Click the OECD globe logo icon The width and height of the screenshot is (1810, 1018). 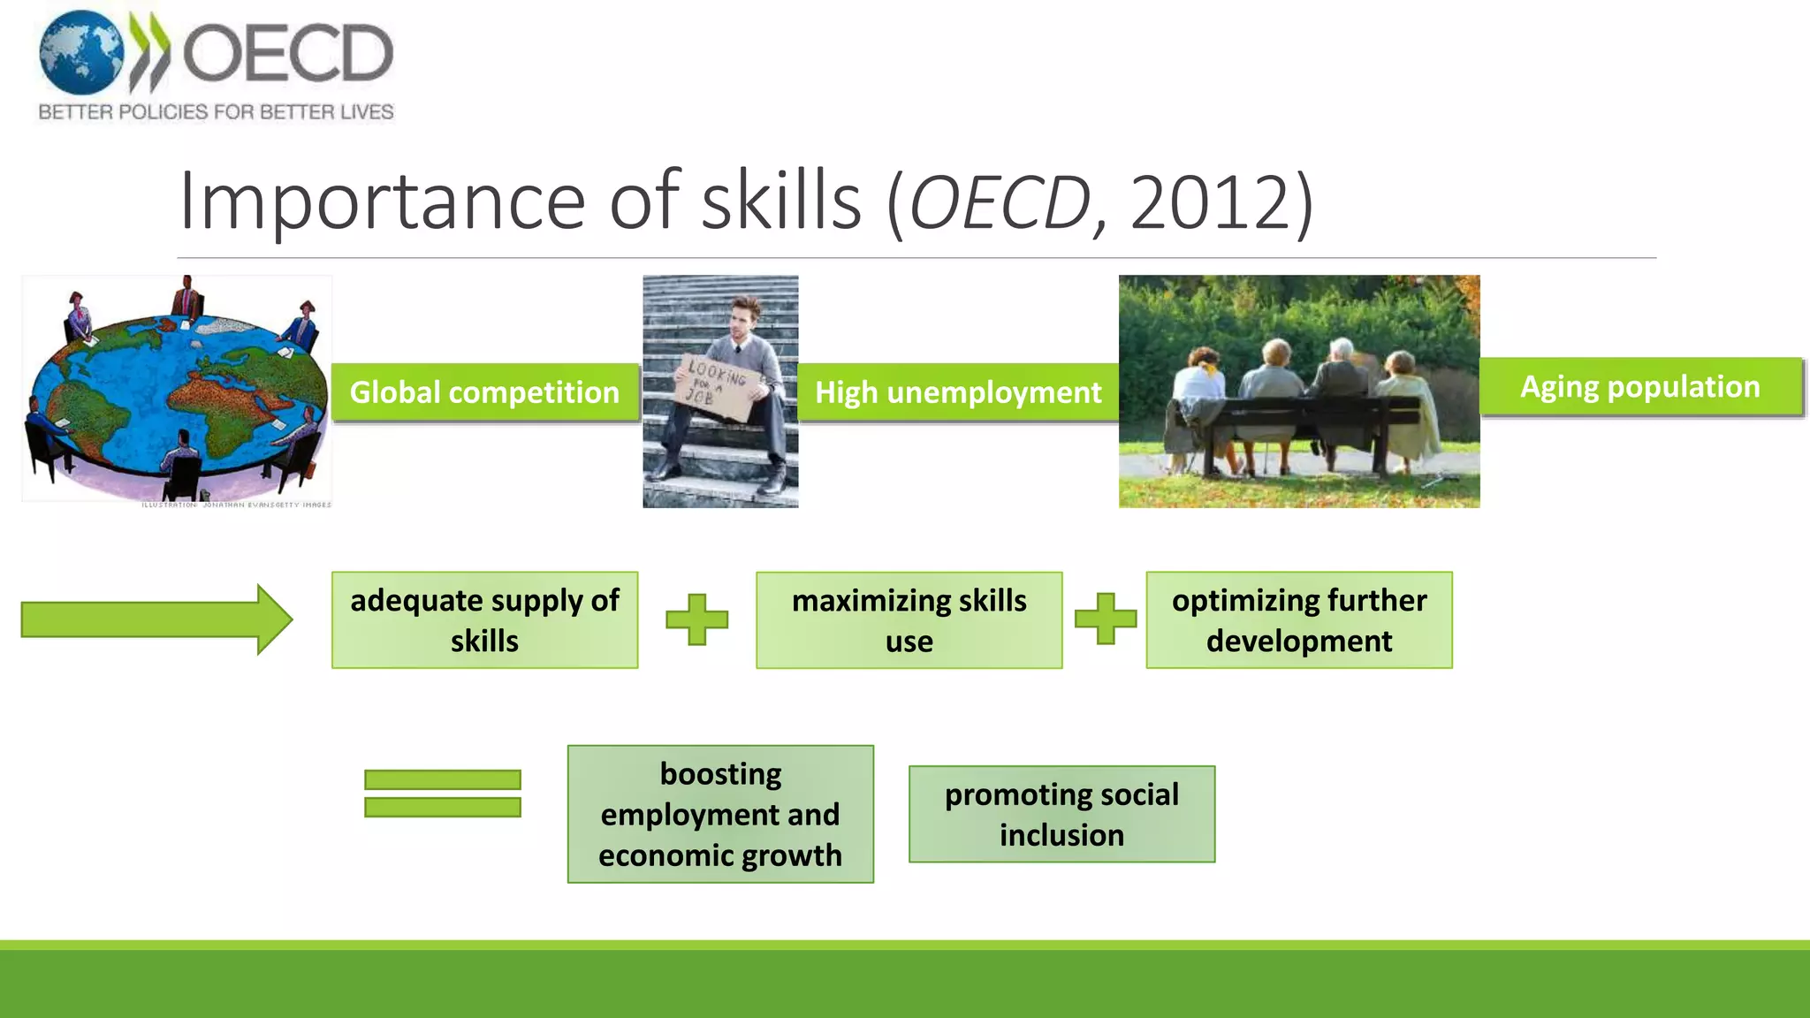tap(81, 53)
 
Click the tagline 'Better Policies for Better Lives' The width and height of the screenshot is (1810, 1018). tap(216, 112)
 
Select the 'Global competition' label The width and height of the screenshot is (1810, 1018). tap(484, 392)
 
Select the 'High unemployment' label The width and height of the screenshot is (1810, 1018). tap(958, 392)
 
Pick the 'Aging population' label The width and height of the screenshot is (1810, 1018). tap(1640, 387)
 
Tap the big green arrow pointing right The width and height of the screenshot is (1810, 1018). tap(156, 619)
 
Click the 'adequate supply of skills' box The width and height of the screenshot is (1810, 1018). tap(484, 620)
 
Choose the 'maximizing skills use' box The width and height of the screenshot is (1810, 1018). tap(909, 620)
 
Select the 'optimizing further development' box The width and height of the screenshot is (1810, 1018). tap(1298, 620)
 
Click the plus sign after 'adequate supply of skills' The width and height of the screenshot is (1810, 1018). tap(696, 619)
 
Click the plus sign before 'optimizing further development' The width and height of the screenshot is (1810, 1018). tap(1105, 619)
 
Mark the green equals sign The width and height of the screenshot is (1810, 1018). tap(442, 793)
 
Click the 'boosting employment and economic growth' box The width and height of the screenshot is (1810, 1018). tap(720, 814)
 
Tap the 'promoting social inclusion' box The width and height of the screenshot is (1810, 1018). tap(1061, 814)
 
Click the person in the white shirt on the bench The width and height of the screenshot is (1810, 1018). tap(1200, 389)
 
